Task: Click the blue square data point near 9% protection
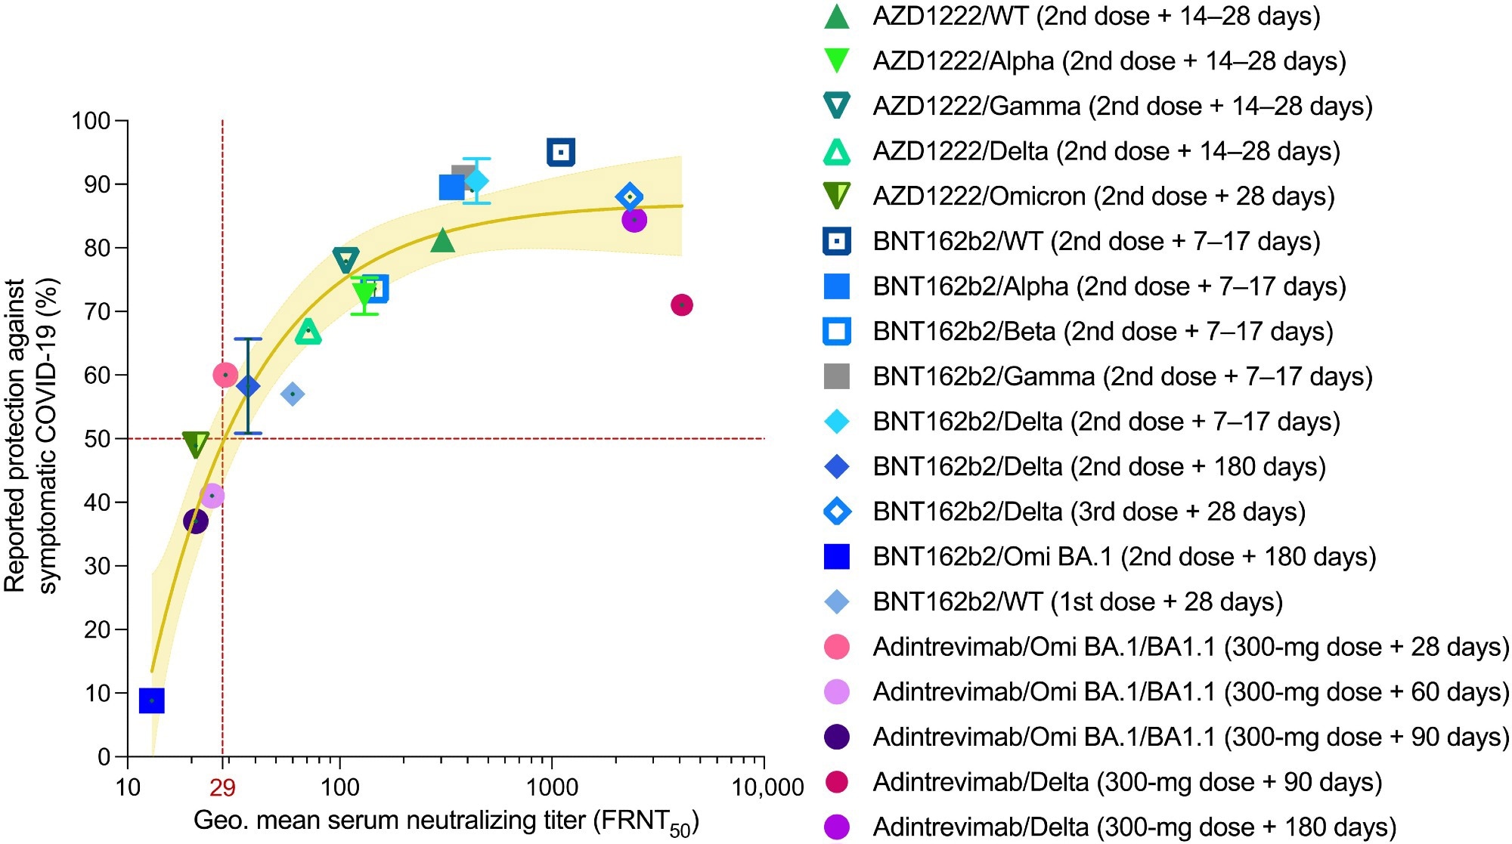coord(152,700)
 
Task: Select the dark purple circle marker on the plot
coord(196,521)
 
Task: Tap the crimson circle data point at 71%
coord(681,305)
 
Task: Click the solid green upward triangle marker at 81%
coord(442,242)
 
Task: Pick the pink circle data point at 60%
coord(225,375)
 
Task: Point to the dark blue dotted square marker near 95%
coord(560,153)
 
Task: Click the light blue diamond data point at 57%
coord(293,394)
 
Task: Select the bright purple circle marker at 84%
coord(634,220)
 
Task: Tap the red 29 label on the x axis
coord(222,788)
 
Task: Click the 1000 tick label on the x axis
coord(552,788)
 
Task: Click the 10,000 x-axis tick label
coord(767,788)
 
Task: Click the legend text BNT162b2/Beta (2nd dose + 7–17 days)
coord(1102,331)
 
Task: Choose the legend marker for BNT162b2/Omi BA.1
coord(836,556)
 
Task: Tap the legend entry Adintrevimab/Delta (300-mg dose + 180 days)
coord(1134,827)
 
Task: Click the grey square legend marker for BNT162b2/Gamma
coord(836,376)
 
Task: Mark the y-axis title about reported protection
coord(30,437)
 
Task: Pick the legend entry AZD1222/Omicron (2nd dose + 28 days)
coord(1103,196)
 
